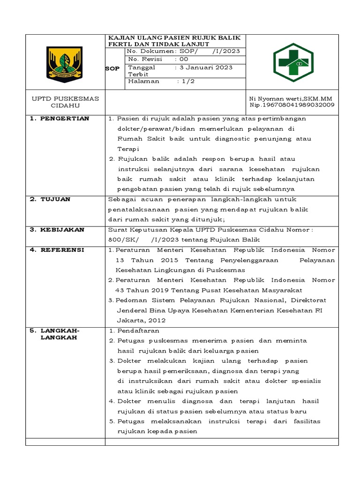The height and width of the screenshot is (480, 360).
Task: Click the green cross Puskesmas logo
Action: click(292, 62)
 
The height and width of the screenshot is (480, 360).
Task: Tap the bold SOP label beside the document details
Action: click(112, 68)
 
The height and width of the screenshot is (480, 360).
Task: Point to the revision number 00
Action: click(184, 59)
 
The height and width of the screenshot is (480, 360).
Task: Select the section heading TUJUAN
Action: click(56, 199)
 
